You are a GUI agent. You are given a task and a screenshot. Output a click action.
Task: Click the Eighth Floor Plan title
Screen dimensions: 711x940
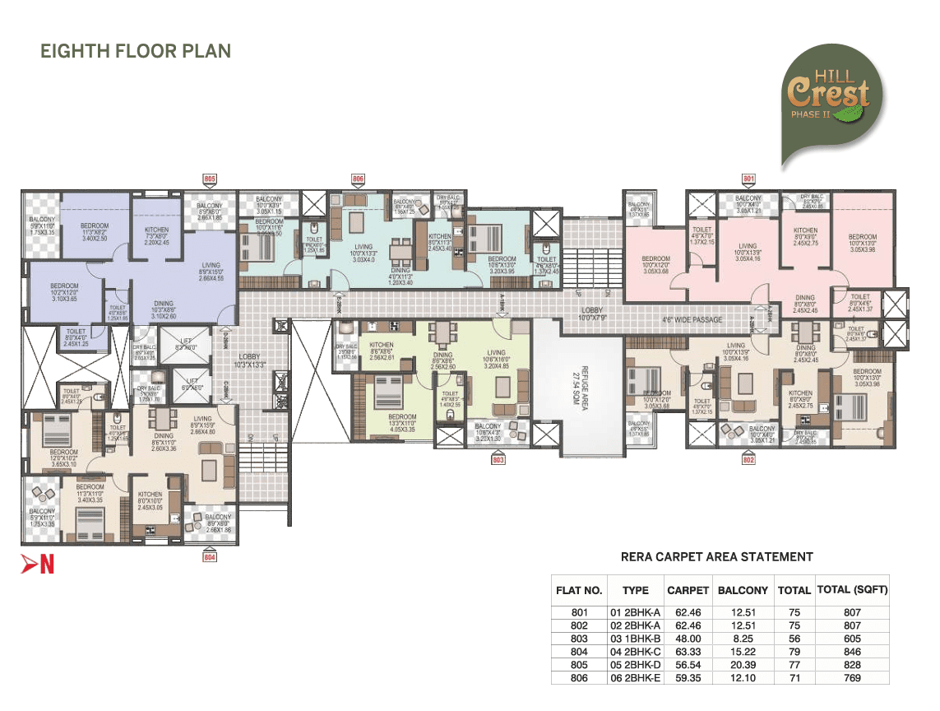tap(136, 51)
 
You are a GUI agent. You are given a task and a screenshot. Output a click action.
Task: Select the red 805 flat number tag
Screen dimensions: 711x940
tap(210, 178)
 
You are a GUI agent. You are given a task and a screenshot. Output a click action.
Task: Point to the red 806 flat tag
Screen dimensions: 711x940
tap(358, 178)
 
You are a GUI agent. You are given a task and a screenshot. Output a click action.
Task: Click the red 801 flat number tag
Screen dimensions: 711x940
tap(748, 178)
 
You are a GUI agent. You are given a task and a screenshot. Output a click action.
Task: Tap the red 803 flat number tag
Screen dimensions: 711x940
tap(498, 460)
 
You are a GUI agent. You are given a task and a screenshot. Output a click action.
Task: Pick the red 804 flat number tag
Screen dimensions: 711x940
tap(210, 557)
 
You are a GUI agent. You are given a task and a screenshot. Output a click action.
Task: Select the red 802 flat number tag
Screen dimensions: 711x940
tap(748, 460)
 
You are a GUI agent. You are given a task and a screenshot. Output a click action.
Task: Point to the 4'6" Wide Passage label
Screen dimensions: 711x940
tap(692, 319)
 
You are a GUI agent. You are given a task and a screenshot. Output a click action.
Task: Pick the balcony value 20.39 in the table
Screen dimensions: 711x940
tap(743, 665)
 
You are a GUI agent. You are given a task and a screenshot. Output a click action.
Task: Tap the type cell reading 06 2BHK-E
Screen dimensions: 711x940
tap(635, 678)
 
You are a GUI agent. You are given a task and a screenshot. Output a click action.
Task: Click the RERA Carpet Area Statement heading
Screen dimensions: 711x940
tap(716, 557)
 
